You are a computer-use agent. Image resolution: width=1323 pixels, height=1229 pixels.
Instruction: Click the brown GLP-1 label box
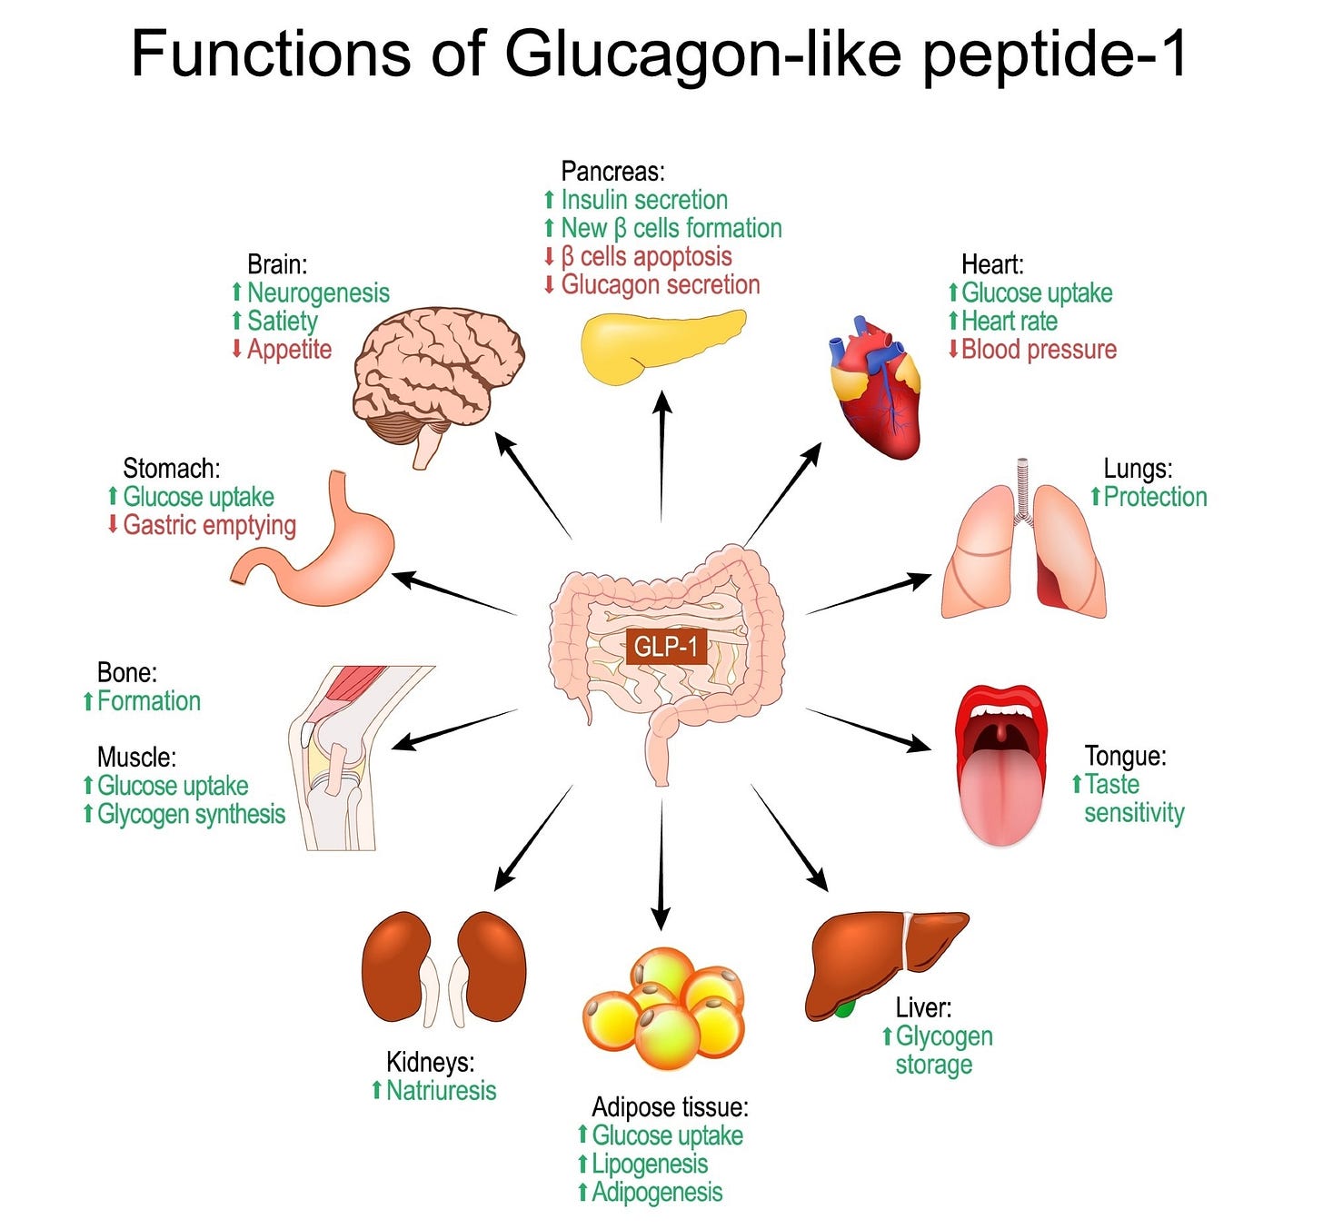(x=665, y=646)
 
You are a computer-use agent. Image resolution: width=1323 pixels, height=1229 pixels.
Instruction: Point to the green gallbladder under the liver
(x=845, y=1008)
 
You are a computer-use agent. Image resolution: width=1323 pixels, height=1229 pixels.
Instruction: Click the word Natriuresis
(x=442, y=1090)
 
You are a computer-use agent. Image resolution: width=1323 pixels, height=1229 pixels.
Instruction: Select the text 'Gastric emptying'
(x=210, y=525)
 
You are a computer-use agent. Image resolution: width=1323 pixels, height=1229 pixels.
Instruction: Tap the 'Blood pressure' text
(x=1039, y=349)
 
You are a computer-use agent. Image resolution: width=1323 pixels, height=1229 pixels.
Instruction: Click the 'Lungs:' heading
(x=1138, y=469)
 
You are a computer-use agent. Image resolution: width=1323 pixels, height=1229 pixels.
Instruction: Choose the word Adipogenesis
(x=657, y=1192)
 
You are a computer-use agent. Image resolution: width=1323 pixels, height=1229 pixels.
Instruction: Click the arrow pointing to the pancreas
(x=662, y=454)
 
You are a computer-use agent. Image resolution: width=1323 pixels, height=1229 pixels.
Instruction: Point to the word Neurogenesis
(x=318, y=292)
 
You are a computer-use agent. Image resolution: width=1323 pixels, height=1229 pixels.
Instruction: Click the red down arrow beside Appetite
(x=236, y=349)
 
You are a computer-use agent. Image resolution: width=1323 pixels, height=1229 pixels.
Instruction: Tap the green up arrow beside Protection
(x=1096, y=496)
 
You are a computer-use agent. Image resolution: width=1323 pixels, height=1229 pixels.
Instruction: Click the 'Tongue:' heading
(x=1125, y=756)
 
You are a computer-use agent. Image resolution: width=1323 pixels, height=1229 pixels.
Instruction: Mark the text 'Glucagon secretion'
(x=661, y=284)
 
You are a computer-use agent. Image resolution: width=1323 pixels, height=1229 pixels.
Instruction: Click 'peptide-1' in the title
(x=1054, y=55)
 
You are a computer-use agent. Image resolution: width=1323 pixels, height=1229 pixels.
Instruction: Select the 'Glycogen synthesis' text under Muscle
(x=192, y=814)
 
